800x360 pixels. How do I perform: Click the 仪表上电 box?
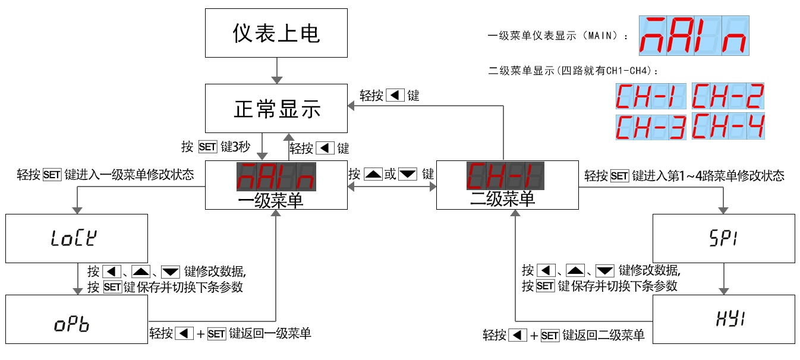(x=276, y=33)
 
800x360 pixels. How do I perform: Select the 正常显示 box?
(x=276, y=108)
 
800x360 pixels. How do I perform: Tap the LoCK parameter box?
(x=76, y=238)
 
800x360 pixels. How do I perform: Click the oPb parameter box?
(x=76, y=320)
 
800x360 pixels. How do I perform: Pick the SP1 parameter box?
(x=723, y=238)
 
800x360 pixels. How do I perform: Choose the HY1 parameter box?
(x=723, y=320)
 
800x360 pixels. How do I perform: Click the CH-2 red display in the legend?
(x=728, y=96)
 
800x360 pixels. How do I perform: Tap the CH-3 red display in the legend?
(x=651, y=127)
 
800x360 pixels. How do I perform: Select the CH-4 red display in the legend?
(x=728, y=126)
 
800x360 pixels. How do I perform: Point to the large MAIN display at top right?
(x=694, y=36)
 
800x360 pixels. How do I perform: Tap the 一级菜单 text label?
(x=270, y=200)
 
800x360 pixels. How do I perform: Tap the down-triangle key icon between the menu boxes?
(x=408, y=175)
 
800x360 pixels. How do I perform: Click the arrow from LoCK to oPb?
(x=77, y=279)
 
